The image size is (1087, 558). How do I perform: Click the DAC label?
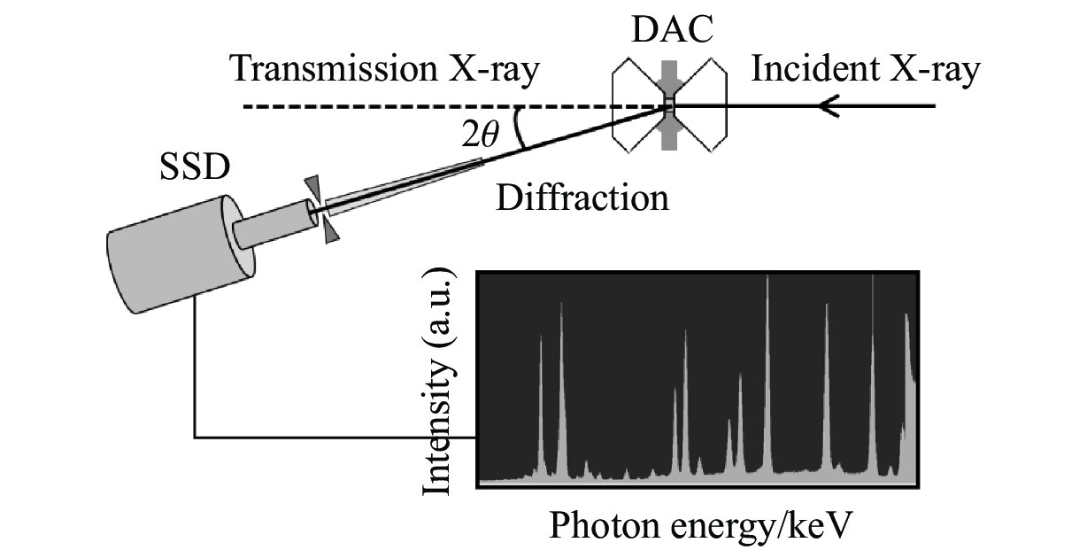coord(669,33)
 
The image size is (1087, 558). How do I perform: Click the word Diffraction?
coord(582,197)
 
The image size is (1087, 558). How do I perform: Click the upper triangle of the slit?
coord(312,187)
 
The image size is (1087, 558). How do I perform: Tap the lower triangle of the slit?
coord(330,232)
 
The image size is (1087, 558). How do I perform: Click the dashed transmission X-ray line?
coord(398,107)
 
